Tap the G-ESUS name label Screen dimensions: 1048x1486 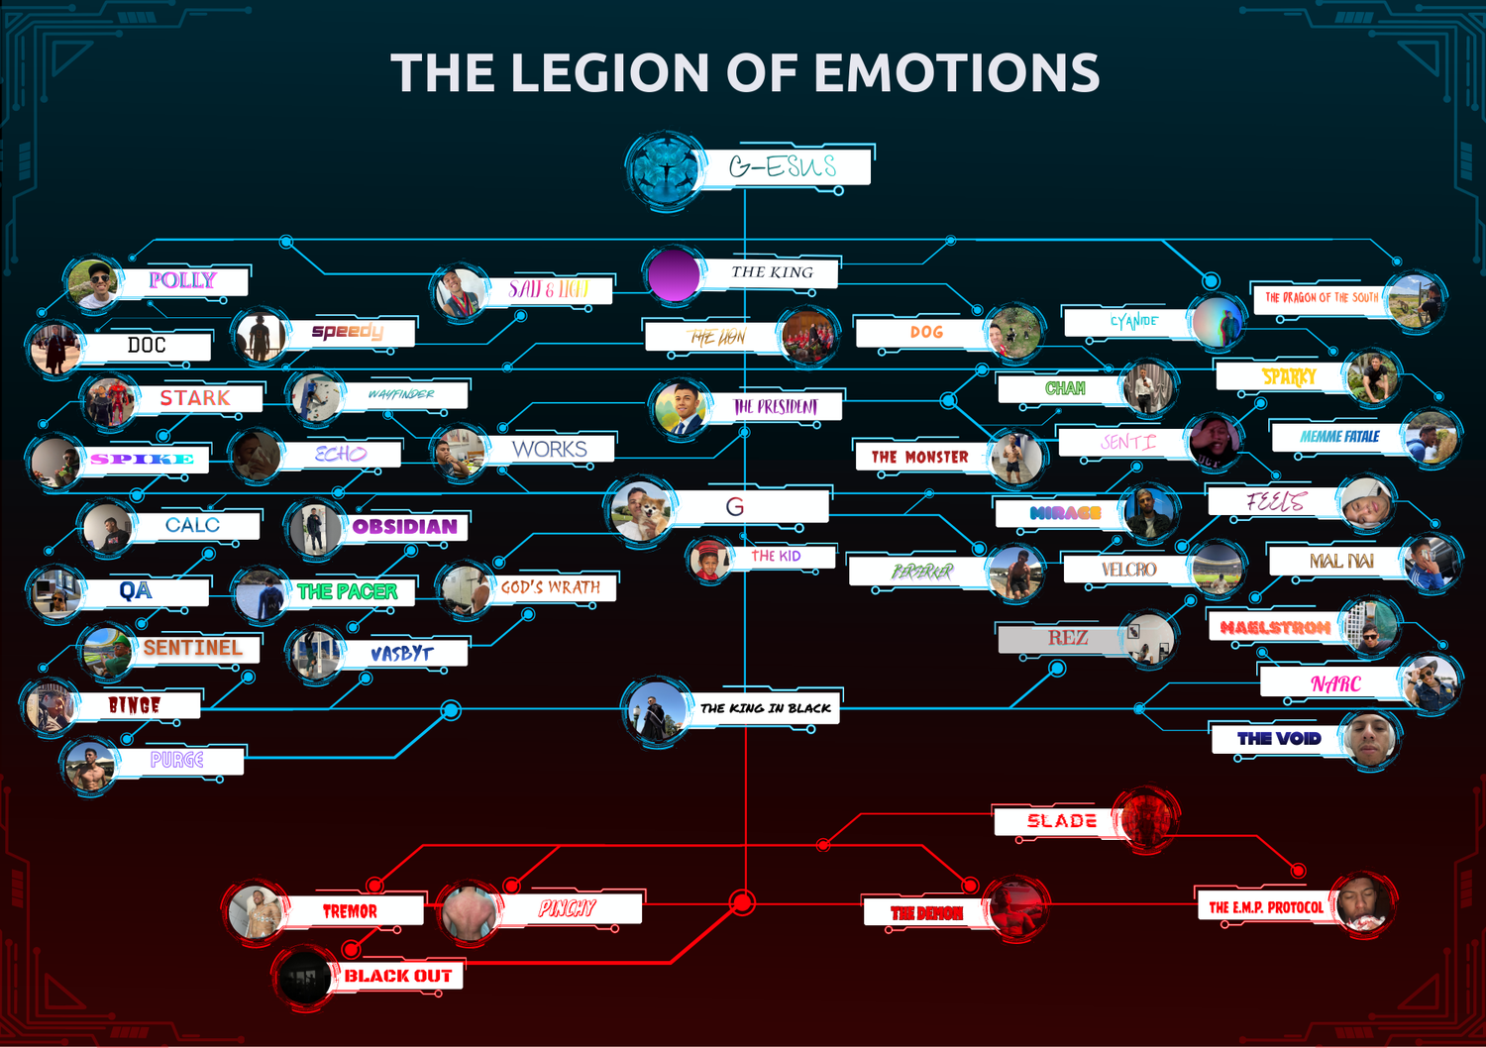[x=784, y=166]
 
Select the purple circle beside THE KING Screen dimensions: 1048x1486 [x=674, y=273]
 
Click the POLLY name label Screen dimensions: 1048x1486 [x=182, y=280]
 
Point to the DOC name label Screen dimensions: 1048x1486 [x=147, y=345]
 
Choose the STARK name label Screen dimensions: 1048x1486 [x=195, y=398]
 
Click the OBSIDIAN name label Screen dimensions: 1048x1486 [x=404, y=526]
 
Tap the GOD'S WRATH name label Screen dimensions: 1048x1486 [x=550, y=587]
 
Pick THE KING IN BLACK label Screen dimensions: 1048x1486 [x=765, y=708]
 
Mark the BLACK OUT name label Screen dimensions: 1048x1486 [x=397, y=976]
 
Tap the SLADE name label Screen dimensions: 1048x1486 [x=1061, y=821]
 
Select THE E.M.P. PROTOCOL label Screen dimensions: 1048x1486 [x=1265, y=906]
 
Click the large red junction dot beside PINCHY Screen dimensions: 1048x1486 [x=742, y=902]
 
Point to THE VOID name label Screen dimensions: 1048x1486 [x=1278, y=738]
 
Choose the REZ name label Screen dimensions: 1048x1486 [x=1067, y=639]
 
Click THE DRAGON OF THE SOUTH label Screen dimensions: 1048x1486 [x=1321, y=297]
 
